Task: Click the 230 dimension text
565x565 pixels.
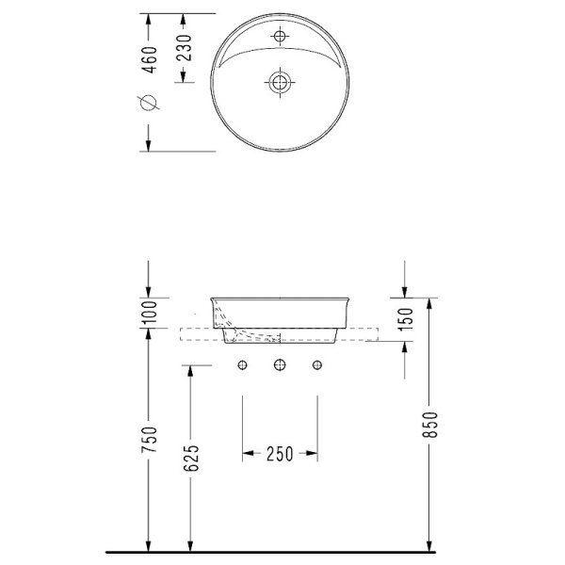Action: [x=185, y=46]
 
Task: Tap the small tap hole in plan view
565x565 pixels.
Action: [x=279, y=37]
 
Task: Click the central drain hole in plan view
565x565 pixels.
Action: [x=279, y=82]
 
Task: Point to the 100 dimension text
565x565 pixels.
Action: [x=148, y=313]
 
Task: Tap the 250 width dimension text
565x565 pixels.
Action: [x=279, y=454]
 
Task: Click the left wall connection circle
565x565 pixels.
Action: [x=243, y=365]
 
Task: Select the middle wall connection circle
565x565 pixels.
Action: [x=279, y=365]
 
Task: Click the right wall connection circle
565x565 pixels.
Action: [x=315, y=365]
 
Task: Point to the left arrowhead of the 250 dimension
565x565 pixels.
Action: [x=248, y=454]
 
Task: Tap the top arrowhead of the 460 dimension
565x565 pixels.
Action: [x=147, y=20]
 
